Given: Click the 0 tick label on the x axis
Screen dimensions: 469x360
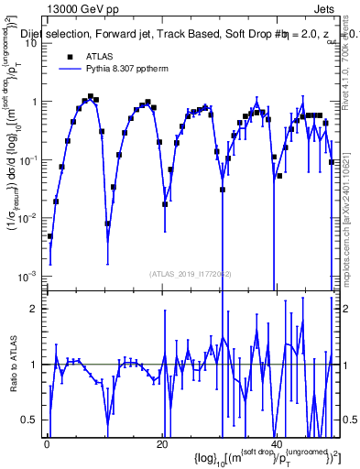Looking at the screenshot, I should coord(46,444).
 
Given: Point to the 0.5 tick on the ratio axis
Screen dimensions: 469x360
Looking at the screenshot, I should coord(31,420).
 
